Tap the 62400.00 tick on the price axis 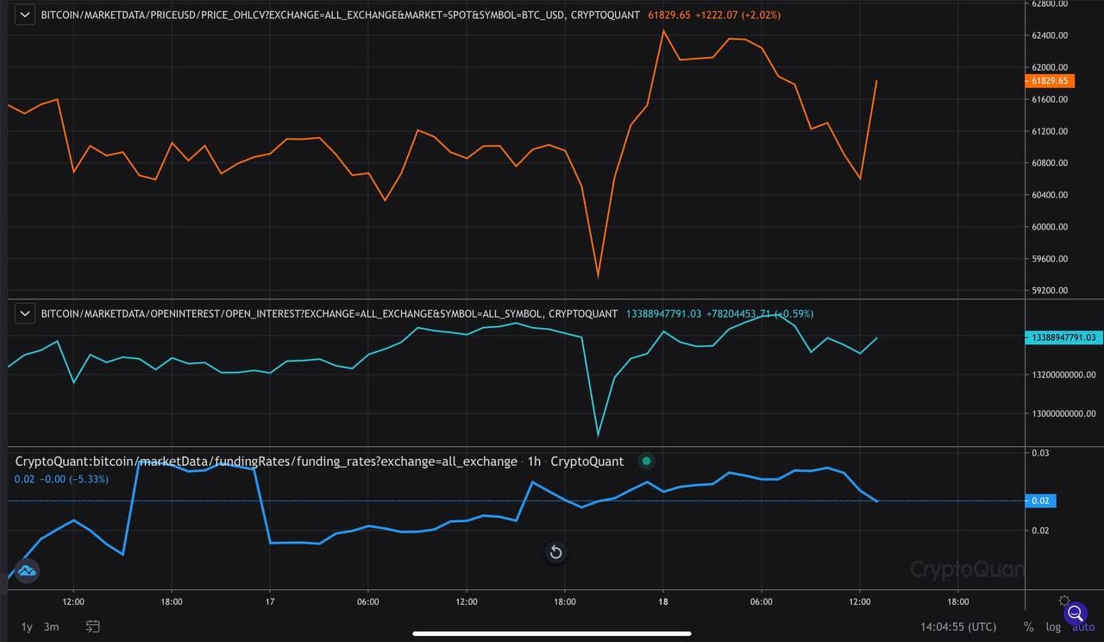tap(1050, 35)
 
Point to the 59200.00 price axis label tap(1050, 291)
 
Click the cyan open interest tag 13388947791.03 tap(1063, 337)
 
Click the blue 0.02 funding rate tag tap(1041, 500)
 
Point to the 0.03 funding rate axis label tap(1040, 453)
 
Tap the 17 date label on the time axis tap(270, 601)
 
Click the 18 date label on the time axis tap(663, 601)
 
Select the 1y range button tap(27, 626)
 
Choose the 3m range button tap(52, 626)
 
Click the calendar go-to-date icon tap(93, 626)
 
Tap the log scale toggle tap(1053, 626)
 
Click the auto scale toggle tap(1082, 626)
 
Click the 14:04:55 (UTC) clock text tap(958, 626)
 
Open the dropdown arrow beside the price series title tap(26, 15)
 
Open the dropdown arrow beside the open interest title tap(26, 313)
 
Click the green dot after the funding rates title tap(647, 461)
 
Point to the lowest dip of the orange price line tap(598, 276)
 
